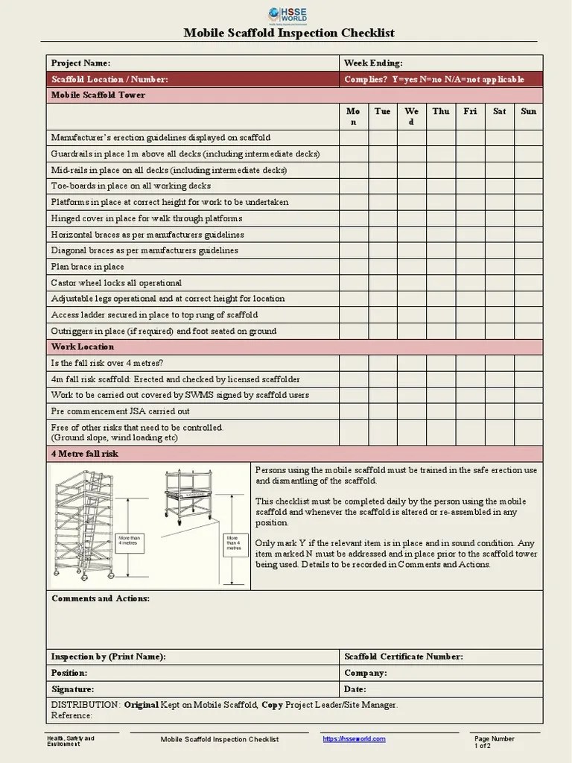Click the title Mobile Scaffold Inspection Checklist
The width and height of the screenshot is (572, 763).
[x=289, y=34]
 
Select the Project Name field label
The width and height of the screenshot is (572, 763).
[x=80, y=63]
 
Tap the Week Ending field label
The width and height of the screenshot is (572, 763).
[x=373, y=63]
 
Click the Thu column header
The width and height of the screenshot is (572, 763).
[x=441, y=111]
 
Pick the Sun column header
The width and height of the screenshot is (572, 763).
[x=528, y=111]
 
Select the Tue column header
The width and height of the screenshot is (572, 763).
[x=382, y=111]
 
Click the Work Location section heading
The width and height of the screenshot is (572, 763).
[x=82, y=347]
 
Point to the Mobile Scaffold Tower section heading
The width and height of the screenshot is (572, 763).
[x=98, y=95]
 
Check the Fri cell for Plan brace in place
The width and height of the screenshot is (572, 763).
[x=470, y=267]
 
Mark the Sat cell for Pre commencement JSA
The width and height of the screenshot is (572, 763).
[x=499, y=411]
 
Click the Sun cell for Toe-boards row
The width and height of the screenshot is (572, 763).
[x=528, y=186]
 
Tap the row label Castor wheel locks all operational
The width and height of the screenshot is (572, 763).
[x=115, y=283]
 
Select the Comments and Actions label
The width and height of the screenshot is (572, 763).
[x=100, y=598]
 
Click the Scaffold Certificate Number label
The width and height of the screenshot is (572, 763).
[x=403, y=656]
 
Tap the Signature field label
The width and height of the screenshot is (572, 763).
[x=72, y=689]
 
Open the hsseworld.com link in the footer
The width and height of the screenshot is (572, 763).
[x=354, y=738]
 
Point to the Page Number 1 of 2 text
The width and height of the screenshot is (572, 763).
[x=494, y=741]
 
